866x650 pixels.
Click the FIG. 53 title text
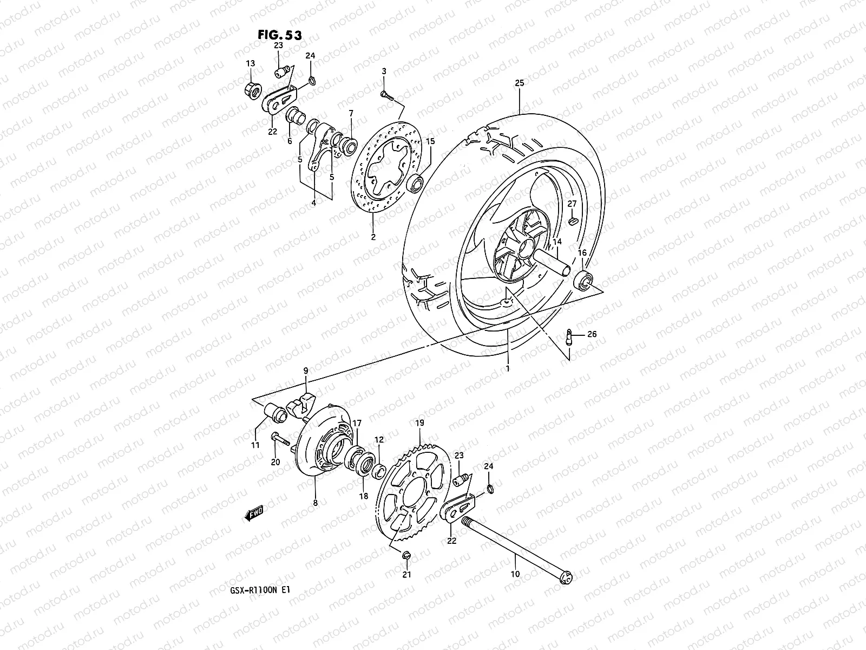(x=280, y=35)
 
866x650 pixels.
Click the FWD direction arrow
(x=253, y=512)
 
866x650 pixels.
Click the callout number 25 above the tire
(x=519, y=83)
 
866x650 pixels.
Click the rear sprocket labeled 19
(x=412, y=493)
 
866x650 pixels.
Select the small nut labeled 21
(x=406, y=555)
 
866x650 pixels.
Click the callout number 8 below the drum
(x=316, y=503)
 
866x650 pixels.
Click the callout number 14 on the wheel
(x=557, y=242)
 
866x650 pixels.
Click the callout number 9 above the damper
(x=306, y=370)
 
